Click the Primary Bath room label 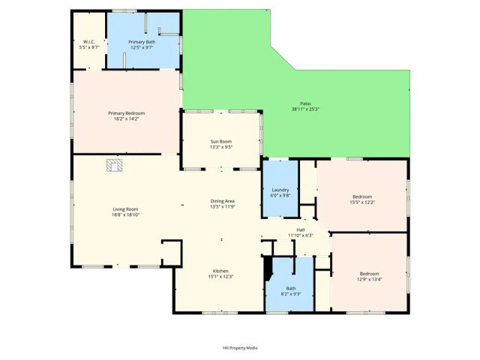141,41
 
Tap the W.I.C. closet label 88,41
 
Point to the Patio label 305,103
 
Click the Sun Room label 220,142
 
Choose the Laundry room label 279,190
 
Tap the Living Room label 126,209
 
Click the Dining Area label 223,202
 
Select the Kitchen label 220,271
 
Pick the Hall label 300,229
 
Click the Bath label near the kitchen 291,288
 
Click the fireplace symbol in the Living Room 114,165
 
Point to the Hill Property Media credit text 240,348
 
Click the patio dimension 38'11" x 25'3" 305,109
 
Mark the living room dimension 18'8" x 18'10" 126,215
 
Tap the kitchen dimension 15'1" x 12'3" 220,277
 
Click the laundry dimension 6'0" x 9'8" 279,195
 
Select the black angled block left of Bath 268,268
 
